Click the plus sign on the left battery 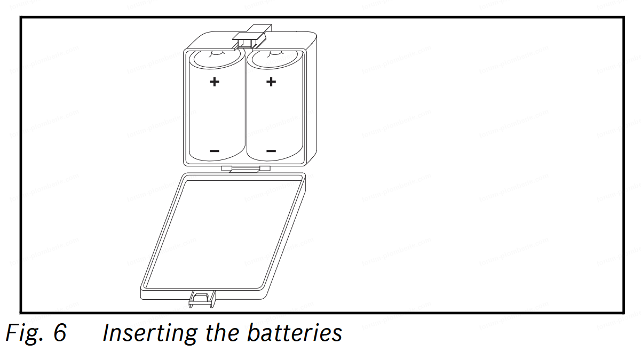click(x=214, y=82)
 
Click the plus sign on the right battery click(x=271, y=82)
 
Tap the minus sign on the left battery click(x=214, y=151)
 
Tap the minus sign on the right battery click(x=271, y=151)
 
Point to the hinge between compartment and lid click(x=243, y=169)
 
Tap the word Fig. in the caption click(x=21, y=333)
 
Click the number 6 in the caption click(x=59, y=333)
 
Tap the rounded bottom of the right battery click(x=273, y=158)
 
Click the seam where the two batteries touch click(x=245, y=107)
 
